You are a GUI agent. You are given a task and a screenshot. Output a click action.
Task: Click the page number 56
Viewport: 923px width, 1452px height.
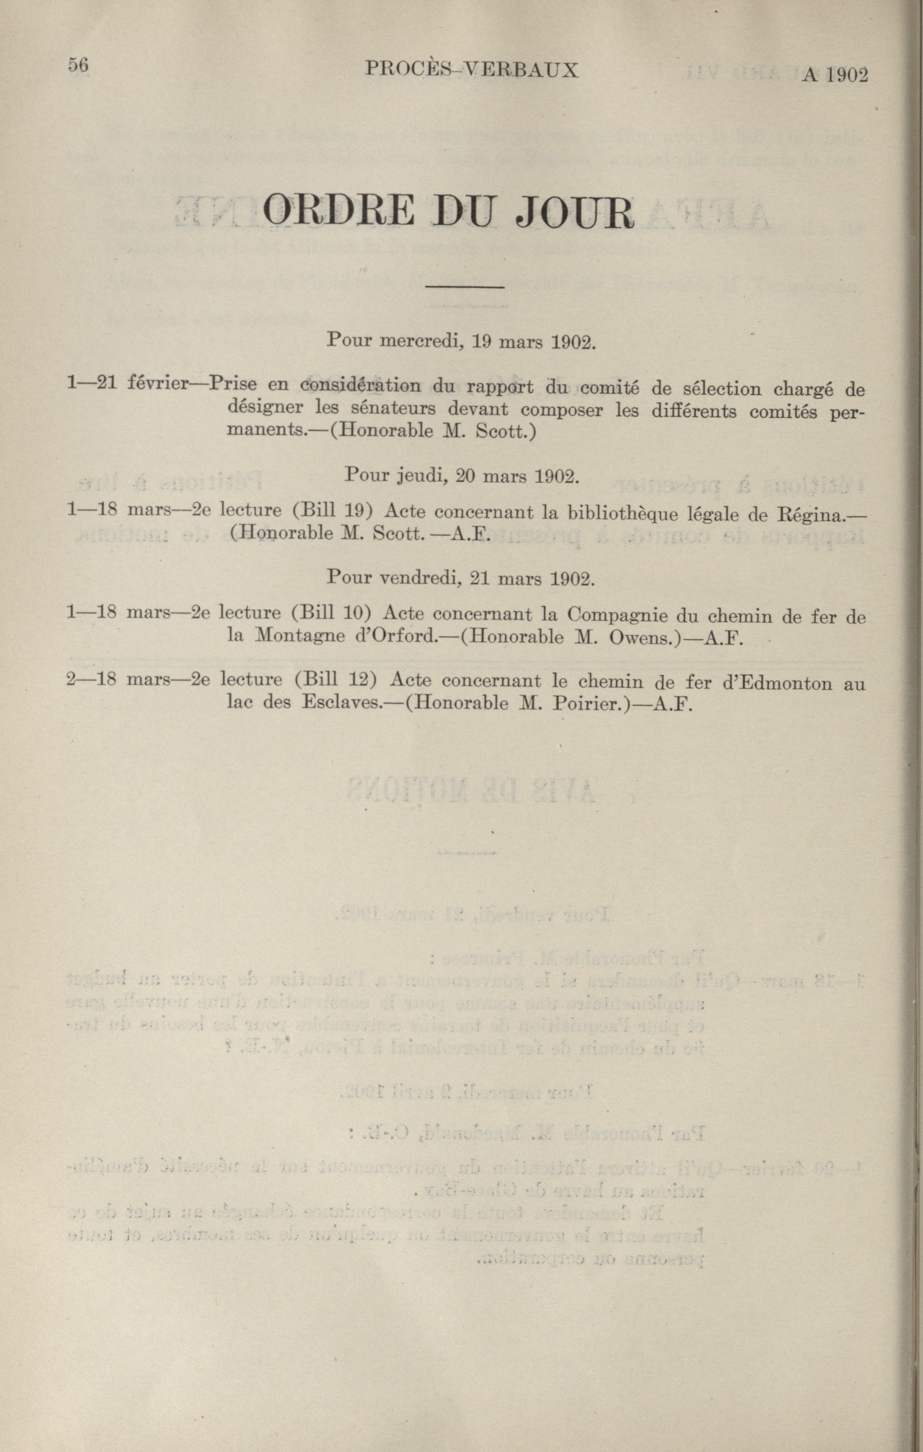(78, 65)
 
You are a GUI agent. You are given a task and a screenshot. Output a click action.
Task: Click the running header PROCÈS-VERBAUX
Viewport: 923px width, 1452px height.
(472, 70)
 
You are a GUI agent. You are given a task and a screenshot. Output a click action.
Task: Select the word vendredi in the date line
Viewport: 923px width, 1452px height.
(420, 578)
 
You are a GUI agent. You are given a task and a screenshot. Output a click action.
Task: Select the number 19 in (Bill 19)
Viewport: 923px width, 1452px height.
(352, 511)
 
